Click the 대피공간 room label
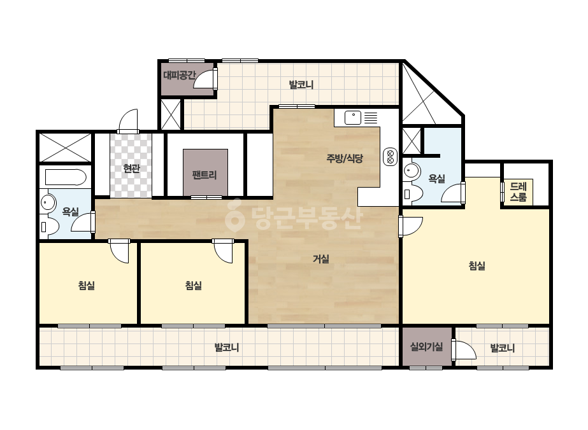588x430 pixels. coord(179,75)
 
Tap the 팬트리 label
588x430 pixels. coord(204,174)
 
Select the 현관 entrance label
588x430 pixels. coord(131,169)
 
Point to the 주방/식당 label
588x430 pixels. coord(344,158)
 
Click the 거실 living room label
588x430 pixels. coord(321,258)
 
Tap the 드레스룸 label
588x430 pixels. coord(519,191)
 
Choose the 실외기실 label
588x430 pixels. coord(427,347)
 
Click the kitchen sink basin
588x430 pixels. coord(352,118)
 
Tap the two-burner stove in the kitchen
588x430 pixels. coord(390,157)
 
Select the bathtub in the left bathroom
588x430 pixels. coord(66,177)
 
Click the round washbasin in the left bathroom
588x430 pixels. coord(48,203)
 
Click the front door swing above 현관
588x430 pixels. coord(128,121)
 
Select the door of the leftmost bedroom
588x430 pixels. coord(119,251)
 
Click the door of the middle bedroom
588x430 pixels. coord(224,251)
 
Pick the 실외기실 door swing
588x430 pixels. coord(464,350)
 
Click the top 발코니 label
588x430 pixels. coord(301,85)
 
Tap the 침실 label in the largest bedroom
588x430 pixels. coord(477,265)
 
